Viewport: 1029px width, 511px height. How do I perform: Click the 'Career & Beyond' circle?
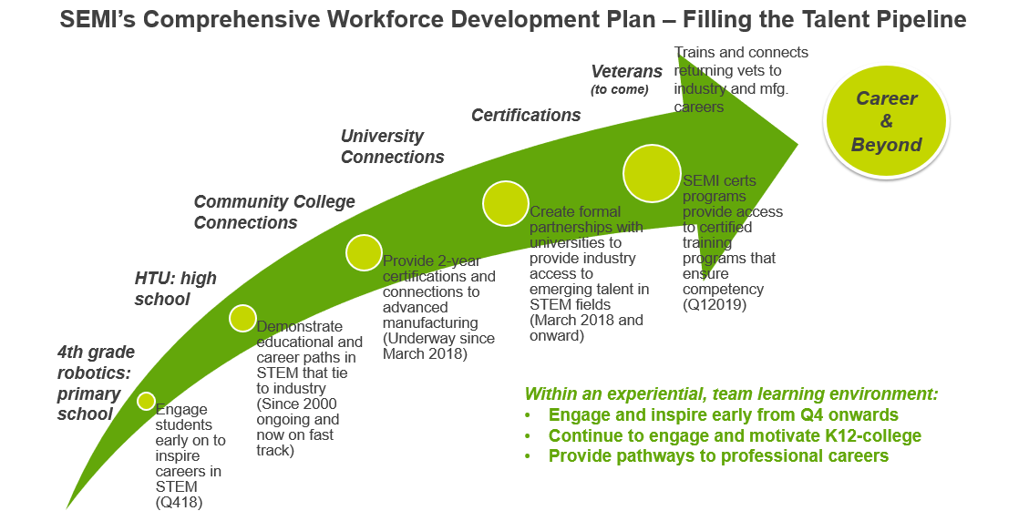(886, 121)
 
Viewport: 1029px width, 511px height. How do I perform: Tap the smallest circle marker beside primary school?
(146, 401)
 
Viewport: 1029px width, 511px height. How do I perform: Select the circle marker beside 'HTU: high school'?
(242, 318)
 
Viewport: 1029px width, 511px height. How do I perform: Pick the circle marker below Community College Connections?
(364, 252)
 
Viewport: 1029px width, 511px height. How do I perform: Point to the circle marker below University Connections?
(506, 204)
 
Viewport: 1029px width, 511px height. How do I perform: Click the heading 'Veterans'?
(627, 71)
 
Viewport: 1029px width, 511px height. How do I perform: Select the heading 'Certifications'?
(526, 115)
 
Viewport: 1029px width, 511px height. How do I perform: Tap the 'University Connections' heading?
(392, 147)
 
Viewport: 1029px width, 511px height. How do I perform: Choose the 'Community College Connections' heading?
(274, 212)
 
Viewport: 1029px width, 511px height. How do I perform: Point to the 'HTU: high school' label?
(176, 288)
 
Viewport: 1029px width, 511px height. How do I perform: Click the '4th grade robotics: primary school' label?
(96, 383)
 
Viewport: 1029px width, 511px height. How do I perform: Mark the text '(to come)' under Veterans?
(619, 89)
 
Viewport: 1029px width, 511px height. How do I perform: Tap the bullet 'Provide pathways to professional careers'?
(718, 456)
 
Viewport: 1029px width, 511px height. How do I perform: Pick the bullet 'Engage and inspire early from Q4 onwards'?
(723, 414)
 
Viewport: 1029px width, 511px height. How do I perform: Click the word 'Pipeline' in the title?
(916, 18)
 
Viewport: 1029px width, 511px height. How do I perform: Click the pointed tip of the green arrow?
(797, 142)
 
